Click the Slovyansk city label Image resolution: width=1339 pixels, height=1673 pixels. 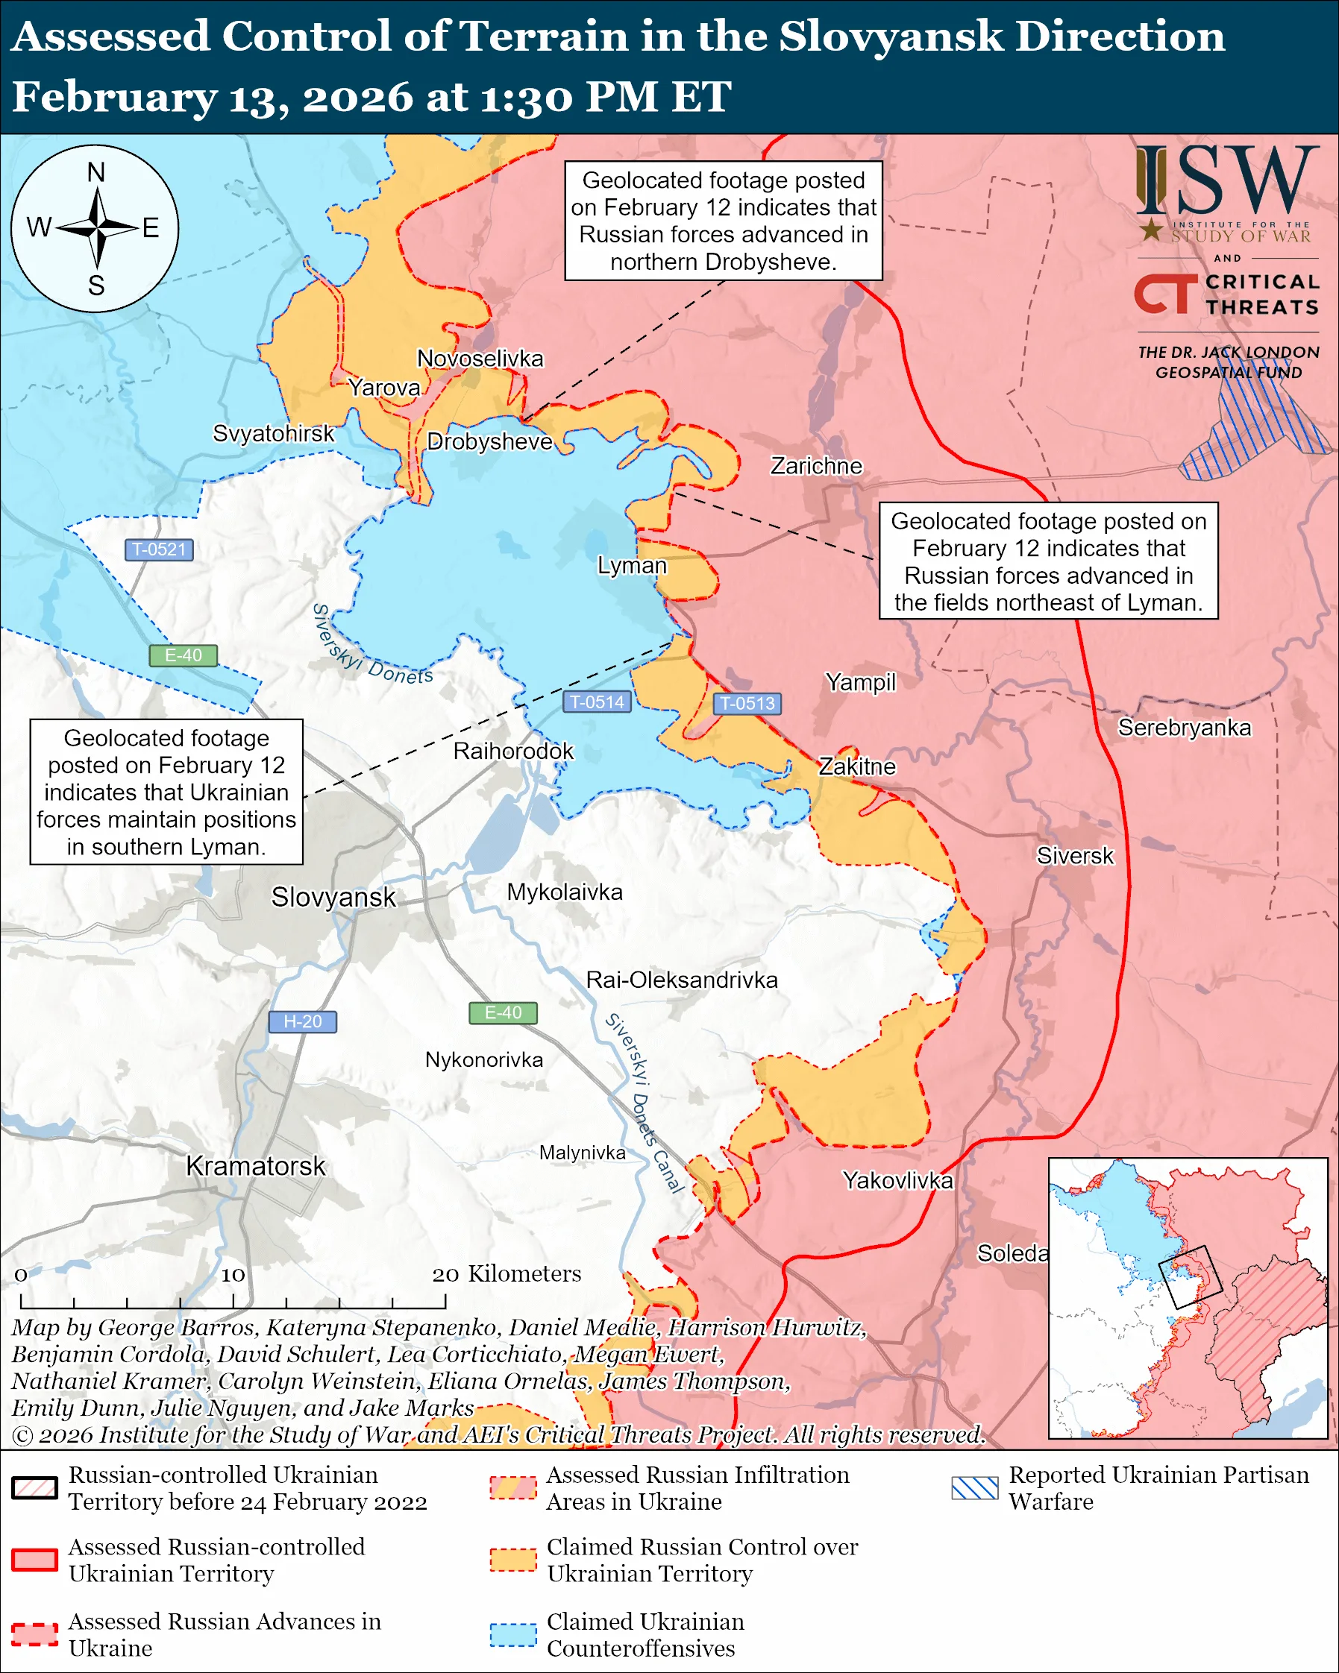(333, 897)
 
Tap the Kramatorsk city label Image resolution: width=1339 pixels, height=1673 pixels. (255, 1165)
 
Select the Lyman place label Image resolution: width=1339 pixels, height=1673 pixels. (631, 565)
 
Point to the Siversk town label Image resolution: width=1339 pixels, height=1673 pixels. (1074, 856)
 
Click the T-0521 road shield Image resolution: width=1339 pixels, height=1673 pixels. (159, 549)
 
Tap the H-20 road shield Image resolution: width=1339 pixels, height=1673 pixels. (302, 1021)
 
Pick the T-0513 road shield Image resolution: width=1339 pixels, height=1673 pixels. (747, 703)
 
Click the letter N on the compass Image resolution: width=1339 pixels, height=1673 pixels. (96, 172)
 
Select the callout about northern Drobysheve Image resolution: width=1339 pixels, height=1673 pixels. (723, 221)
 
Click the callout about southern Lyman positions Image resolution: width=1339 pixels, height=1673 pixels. (166, 792)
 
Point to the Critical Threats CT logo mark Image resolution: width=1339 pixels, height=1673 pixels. (1164, 294)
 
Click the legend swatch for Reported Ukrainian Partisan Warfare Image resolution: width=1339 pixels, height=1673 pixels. (974, 1487)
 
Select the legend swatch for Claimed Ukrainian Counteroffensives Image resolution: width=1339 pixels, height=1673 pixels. (512, 1634)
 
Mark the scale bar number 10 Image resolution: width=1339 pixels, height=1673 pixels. (233, 1275)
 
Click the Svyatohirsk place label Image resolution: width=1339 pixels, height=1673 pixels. (273, 433)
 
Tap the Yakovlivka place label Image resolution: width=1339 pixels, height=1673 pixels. (897, 1180)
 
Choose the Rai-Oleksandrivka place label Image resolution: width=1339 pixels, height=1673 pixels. (682, 980)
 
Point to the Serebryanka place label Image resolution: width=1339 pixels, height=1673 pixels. (1184, 727)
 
